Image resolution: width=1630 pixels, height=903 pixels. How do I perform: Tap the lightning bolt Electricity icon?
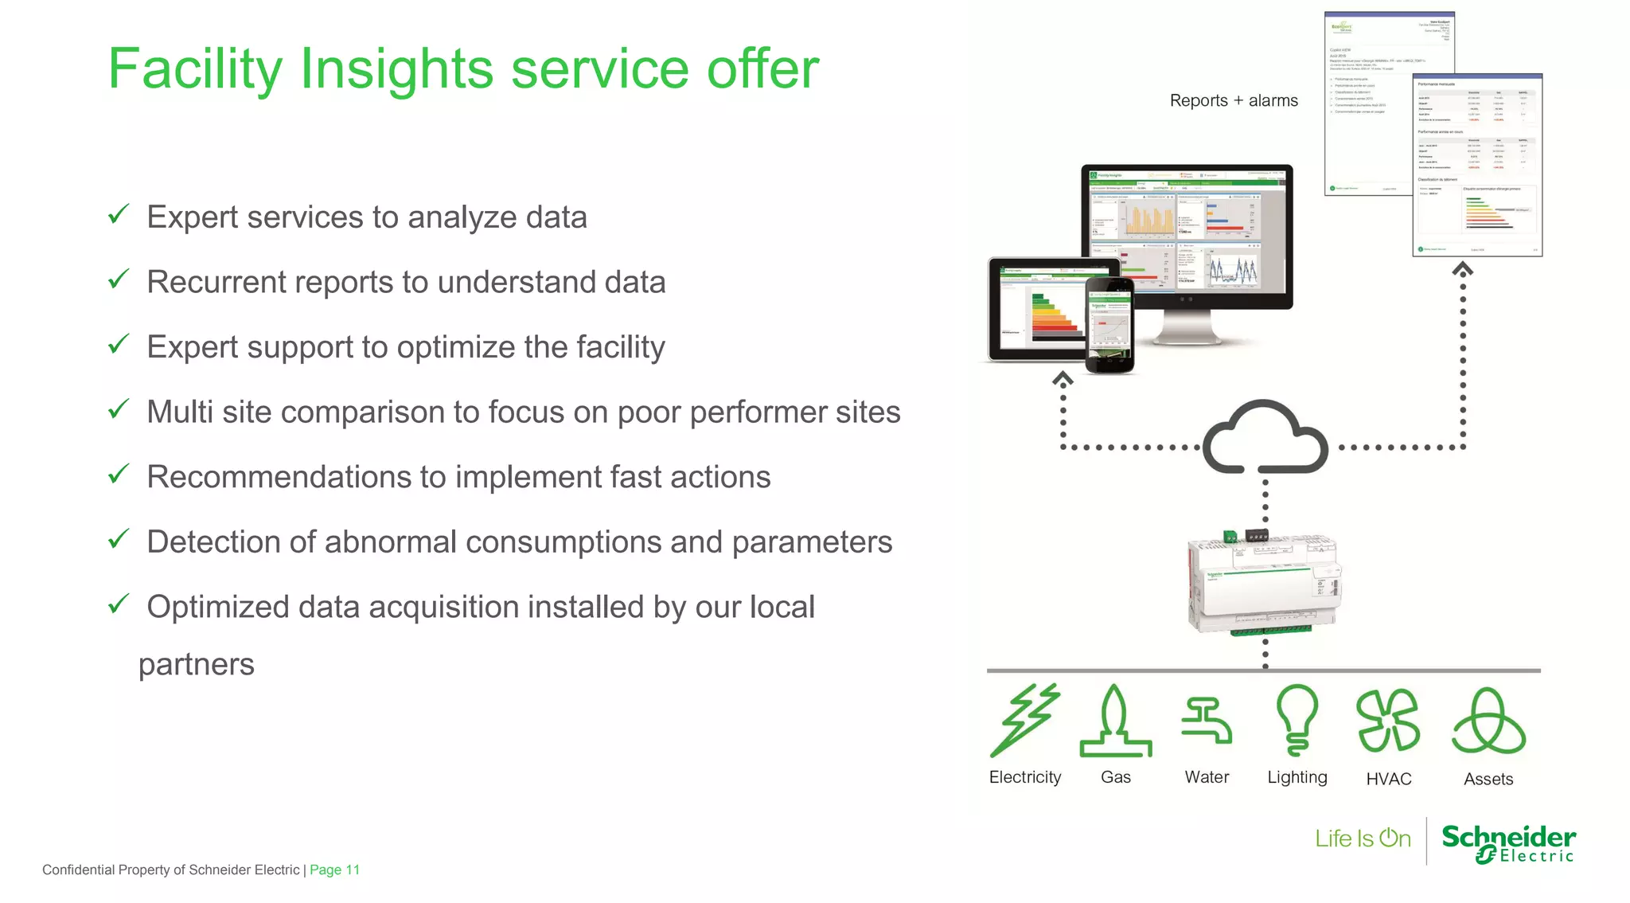1024,720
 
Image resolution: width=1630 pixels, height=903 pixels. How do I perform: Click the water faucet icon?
1207,721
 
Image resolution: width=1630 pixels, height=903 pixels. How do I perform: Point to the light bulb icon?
1297,719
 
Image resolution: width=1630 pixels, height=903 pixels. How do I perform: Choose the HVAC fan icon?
1388,721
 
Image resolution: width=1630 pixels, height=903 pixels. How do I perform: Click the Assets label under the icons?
1488,780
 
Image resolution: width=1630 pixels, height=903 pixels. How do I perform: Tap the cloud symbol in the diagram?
1265,438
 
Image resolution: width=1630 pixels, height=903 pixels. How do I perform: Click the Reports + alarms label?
1233,101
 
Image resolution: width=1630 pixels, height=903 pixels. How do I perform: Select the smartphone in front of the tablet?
1110,325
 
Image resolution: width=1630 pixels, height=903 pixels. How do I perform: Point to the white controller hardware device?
1263,584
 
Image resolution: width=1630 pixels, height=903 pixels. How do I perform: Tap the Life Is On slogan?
1363,838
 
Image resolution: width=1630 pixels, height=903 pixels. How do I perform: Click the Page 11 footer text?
334,870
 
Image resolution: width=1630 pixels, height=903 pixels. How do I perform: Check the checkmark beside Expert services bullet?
119,214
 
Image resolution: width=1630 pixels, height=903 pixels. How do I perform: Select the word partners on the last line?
196,664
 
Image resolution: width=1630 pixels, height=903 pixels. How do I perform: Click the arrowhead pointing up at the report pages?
1462,270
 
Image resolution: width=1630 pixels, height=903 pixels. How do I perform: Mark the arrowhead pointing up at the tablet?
1063,379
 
